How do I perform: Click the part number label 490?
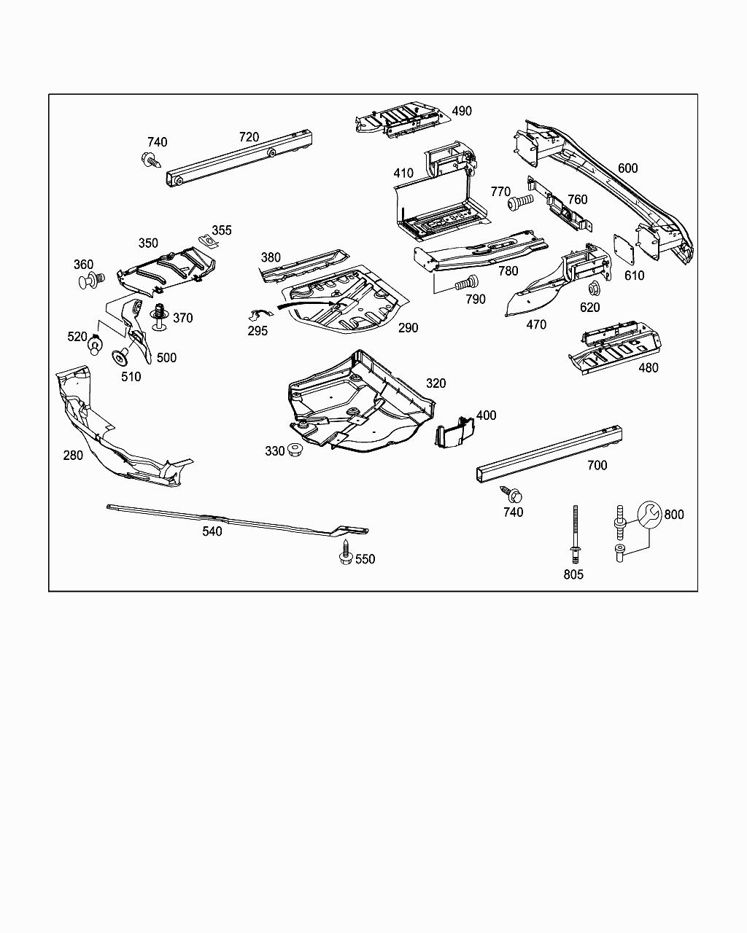462,111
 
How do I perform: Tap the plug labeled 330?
296,450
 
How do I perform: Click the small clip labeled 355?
209,241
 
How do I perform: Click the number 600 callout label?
627,168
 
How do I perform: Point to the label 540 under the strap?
212,531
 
